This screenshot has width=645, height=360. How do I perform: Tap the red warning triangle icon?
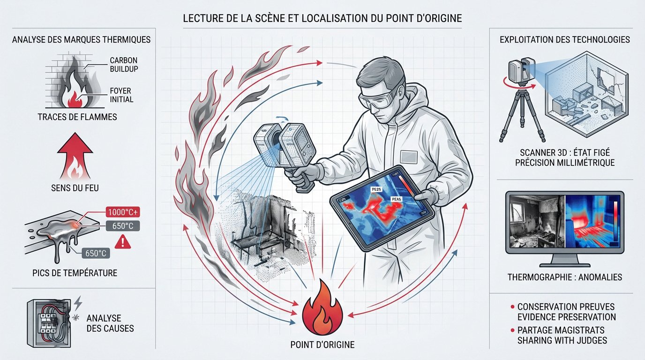(x=123, y=242)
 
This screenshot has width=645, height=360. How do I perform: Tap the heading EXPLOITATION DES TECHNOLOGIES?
(x=565, y=40)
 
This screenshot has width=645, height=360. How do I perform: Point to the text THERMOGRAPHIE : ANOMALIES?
(x=564, y=277)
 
